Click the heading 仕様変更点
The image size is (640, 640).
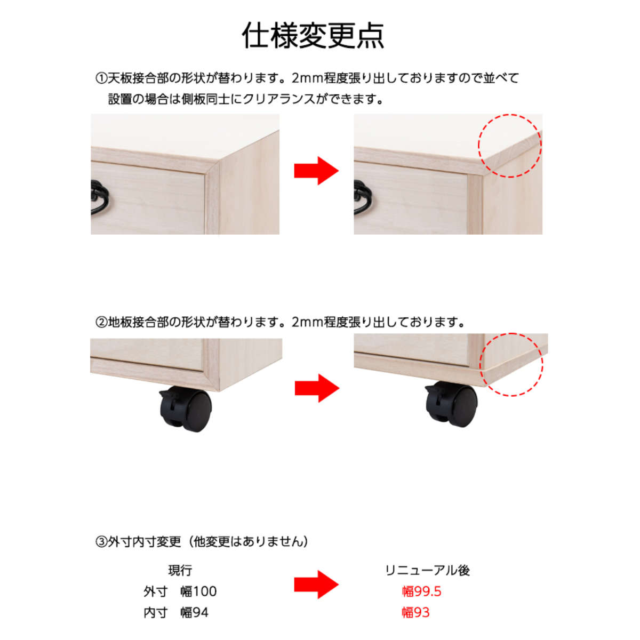[313, 36]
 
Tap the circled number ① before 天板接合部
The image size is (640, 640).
[101, 78]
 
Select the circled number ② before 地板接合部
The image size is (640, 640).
[101, 322]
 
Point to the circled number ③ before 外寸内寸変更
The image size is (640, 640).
[101, 542]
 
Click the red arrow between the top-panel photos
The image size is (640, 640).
[316, 171]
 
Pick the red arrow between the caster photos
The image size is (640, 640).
[317, 388]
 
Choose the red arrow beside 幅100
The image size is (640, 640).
[316, 585]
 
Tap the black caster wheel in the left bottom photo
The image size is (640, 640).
[186, 409]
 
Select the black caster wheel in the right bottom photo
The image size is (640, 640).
[451, 404]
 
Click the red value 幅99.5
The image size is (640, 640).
[421, 591]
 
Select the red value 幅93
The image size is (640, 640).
[415, 612]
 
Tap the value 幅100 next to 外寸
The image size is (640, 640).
[198, 591]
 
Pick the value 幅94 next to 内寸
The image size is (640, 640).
[194, 612]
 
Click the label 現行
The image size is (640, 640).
[180, 570]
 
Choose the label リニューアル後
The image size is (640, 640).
[427, 570]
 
